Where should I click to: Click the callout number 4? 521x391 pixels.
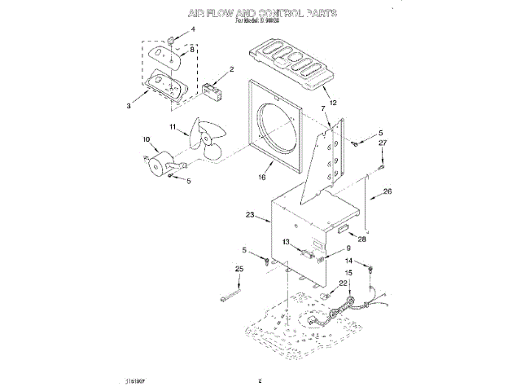[x=193, y=30]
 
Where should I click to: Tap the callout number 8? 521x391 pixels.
[x=193, y=50]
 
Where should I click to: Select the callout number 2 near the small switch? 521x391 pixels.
[x=231, y=69]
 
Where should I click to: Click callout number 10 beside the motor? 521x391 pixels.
[x=147, y=139]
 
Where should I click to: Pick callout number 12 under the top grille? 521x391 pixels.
[x=331, y=102]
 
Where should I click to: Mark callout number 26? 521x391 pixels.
[x=387, y=191]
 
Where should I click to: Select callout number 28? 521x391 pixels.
[x=362, y=239]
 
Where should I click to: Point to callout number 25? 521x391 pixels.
[x=239, y=270]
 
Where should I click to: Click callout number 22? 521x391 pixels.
[x=343, y=283]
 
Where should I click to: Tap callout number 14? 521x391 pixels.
[x=348, y=261]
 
